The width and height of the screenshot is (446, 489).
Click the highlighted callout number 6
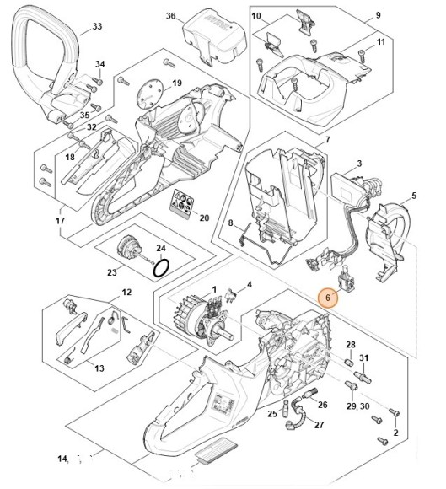pyautogui.click(x=326, y=297)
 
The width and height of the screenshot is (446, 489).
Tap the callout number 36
pyautogui.click(x=170, y=16)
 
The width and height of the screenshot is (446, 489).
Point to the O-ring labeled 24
pyautogui.click(x=163, y=267)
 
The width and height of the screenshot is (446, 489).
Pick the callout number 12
pyautogui.click(x=126, y=293)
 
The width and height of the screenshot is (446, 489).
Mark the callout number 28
pyautogui.click(x=351, y=345)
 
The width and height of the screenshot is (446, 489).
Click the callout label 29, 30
pyautogui.click(x=356, y=406)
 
